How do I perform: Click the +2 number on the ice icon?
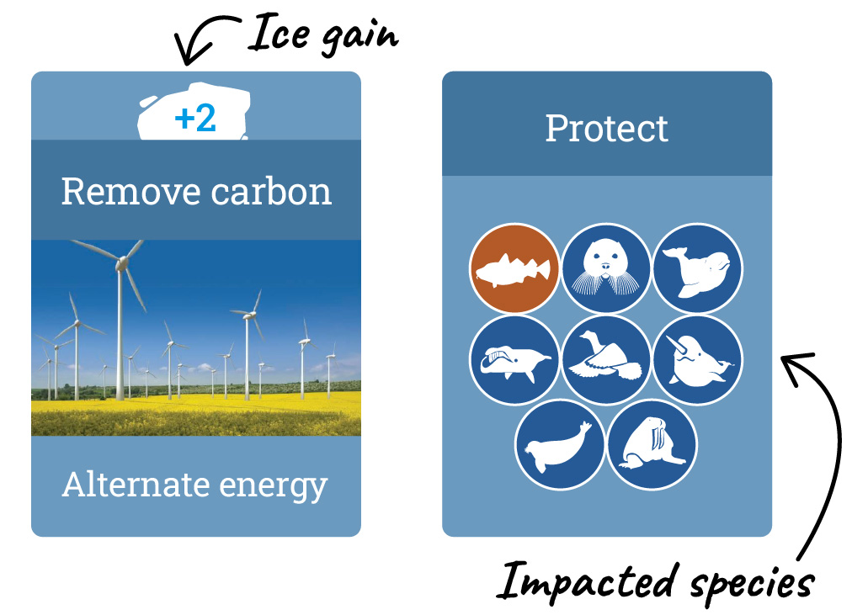coord(195,119)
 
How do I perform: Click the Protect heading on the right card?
coord(606,129)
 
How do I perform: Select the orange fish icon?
coord(514,268)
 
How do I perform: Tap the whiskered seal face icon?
coord(606,268)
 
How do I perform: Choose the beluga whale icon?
coord(698,268)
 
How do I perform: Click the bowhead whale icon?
coord(514,360)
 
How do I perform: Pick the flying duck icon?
coord(606,360)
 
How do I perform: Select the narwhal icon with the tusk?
coord(698,360)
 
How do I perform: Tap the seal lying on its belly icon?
coord(560,445)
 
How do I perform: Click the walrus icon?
coord(652,445)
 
